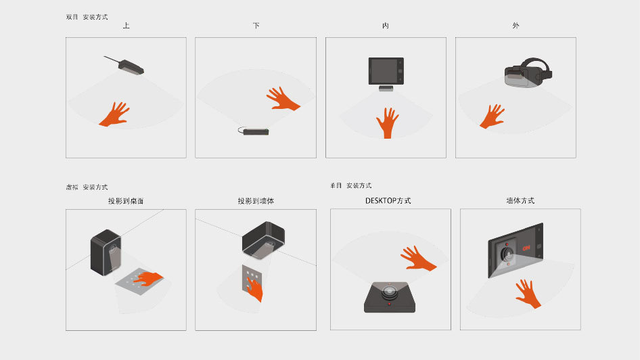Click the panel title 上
tap(126, 26)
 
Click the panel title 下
tap(256, 26)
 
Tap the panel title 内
tap(386, 26)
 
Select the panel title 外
tap(516, 26)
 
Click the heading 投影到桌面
tap(126, 201)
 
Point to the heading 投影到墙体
tap(256, 201)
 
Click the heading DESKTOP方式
tap(388, 200)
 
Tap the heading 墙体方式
tap(520, 200)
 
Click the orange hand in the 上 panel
tap(115, 114)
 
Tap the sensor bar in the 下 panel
tap(254, 131)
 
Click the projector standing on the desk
tap(106, 252)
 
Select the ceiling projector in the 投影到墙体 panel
tap(263, 240)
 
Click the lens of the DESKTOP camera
tap(389, 291)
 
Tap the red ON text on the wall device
tap(526, 248)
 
